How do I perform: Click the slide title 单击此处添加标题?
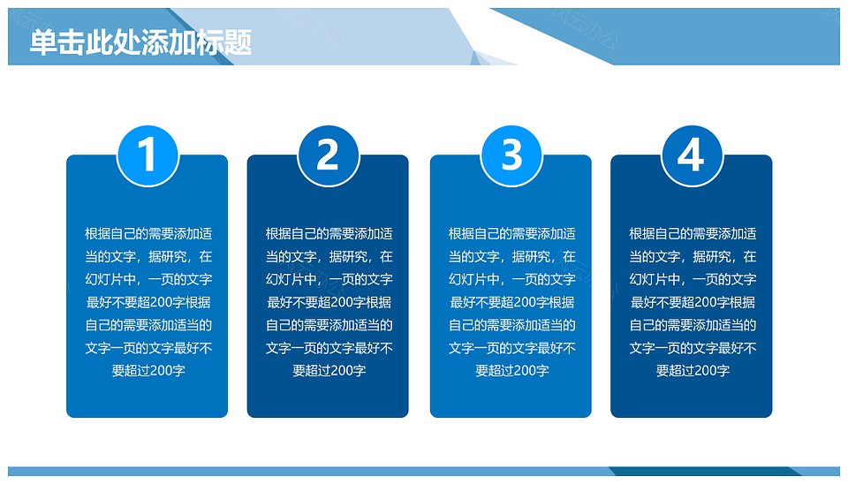point(140,42)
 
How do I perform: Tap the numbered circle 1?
point(148,155)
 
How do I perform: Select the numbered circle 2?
point(329,155)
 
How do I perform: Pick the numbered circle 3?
point(511,155)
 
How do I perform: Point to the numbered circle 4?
point(692,155)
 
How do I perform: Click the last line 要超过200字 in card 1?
point(148,370)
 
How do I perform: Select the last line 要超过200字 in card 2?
point(329,370)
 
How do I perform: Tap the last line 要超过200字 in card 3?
point(511,370)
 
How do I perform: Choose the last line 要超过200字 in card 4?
point(693,370)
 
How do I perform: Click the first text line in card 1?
point(148,234)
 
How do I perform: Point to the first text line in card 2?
point(329,234)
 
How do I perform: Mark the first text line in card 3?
point(511,234)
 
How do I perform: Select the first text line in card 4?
point(693,234)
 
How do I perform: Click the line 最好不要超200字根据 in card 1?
point(148,302)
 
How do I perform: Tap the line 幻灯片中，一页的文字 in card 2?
point(329,279)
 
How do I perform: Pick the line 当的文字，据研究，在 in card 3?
point(511,256)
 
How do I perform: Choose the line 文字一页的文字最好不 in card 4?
point(693,348)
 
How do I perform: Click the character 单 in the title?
point(43,42)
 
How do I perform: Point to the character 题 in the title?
point(238,42)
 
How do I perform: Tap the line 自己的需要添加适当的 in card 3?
point(511,325)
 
